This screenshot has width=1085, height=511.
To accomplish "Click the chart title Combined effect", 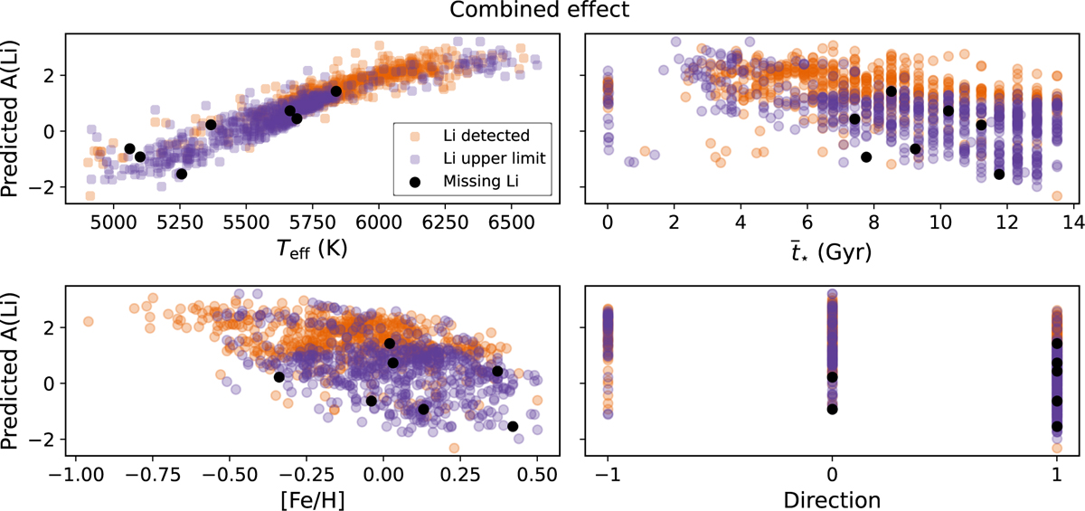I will (x=542, y=13).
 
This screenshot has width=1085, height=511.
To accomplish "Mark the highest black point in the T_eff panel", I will (x=335, y=91).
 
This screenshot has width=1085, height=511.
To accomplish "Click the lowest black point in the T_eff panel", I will (x=181, y=174).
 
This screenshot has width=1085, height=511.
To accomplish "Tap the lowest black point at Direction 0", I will (x=832, y=410).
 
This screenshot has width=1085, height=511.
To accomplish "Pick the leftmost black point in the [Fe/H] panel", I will (x=278, y=377).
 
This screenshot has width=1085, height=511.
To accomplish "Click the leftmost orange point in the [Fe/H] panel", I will (x=88, y=321).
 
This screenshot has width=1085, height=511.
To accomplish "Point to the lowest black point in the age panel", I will (x=999, y=174).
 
